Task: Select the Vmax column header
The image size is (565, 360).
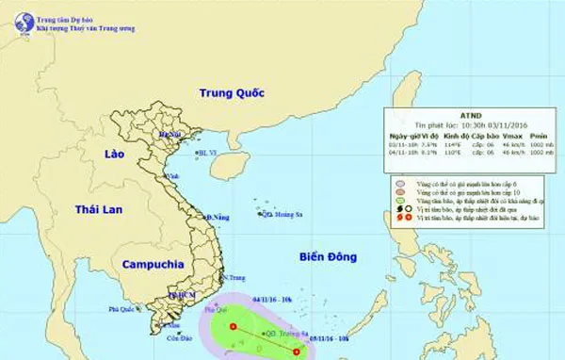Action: tap(511, 137)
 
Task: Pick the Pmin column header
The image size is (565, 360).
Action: tap(541, 137)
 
